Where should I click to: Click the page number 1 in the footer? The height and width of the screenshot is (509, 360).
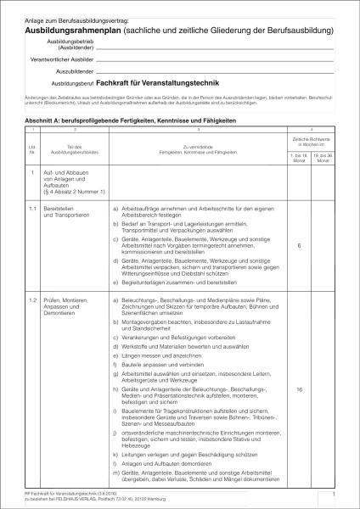(x=335, y=491)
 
